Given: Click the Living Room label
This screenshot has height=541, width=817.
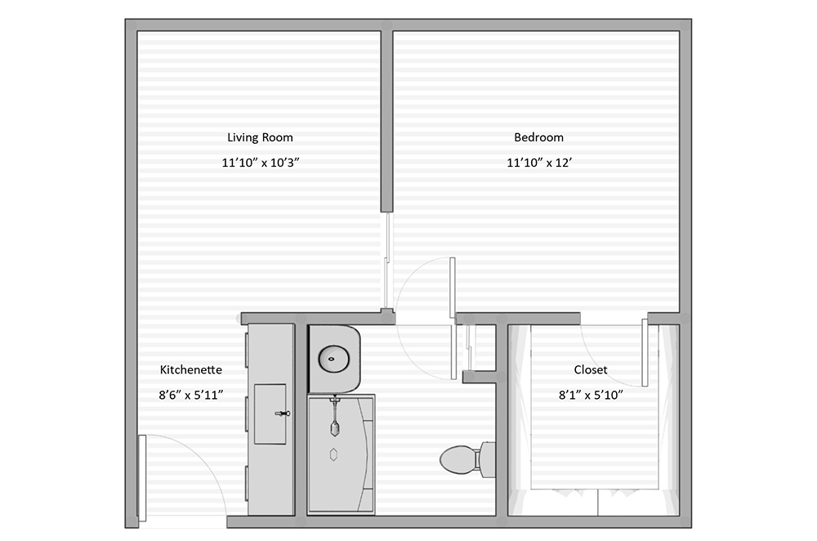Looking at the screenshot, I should [x=260, y=137].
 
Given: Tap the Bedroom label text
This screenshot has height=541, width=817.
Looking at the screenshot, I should [x=538, y=137].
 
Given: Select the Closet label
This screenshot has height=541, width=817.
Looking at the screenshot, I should [x=590, y=369].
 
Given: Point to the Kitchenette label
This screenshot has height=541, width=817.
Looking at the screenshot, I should [x=190, y=369].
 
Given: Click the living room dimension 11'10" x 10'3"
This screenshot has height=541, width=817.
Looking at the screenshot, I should [x=260, y=163].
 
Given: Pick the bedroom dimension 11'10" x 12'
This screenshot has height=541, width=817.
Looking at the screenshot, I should [x=538, y=163].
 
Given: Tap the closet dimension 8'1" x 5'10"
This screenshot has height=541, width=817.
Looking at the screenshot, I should [x=590, y=395].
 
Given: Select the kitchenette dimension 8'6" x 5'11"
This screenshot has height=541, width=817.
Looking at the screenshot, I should [x=190, y=395].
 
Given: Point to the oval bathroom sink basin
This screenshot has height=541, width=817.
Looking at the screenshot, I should [x=333, y=356].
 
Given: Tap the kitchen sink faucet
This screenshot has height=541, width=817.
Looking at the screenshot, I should [x=283, y=414].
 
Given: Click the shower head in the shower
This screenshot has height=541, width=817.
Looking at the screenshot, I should [x=333, y=425].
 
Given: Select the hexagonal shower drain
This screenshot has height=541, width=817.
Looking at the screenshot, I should [x=333, y=454].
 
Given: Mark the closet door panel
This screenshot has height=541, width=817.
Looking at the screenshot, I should [x=645, y=353].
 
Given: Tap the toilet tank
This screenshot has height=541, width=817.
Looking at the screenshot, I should [x=488, y=459].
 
